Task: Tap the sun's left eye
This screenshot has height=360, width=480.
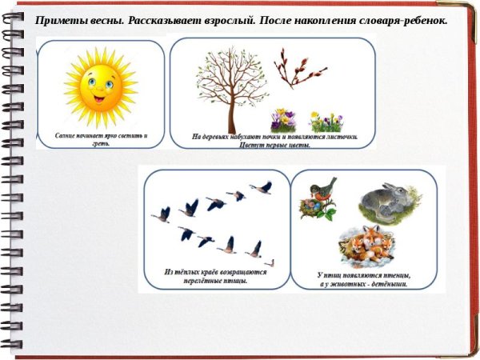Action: point(90,82)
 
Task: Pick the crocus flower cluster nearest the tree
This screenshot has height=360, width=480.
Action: point(284,120)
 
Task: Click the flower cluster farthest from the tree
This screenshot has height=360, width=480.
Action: point(327,122)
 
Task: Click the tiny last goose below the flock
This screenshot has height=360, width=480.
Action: point(270,262)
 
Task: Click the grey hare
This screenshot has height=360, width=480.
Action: point(387,202)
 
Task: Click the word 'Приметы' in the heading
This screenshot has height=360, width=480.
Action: point(61,21)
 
